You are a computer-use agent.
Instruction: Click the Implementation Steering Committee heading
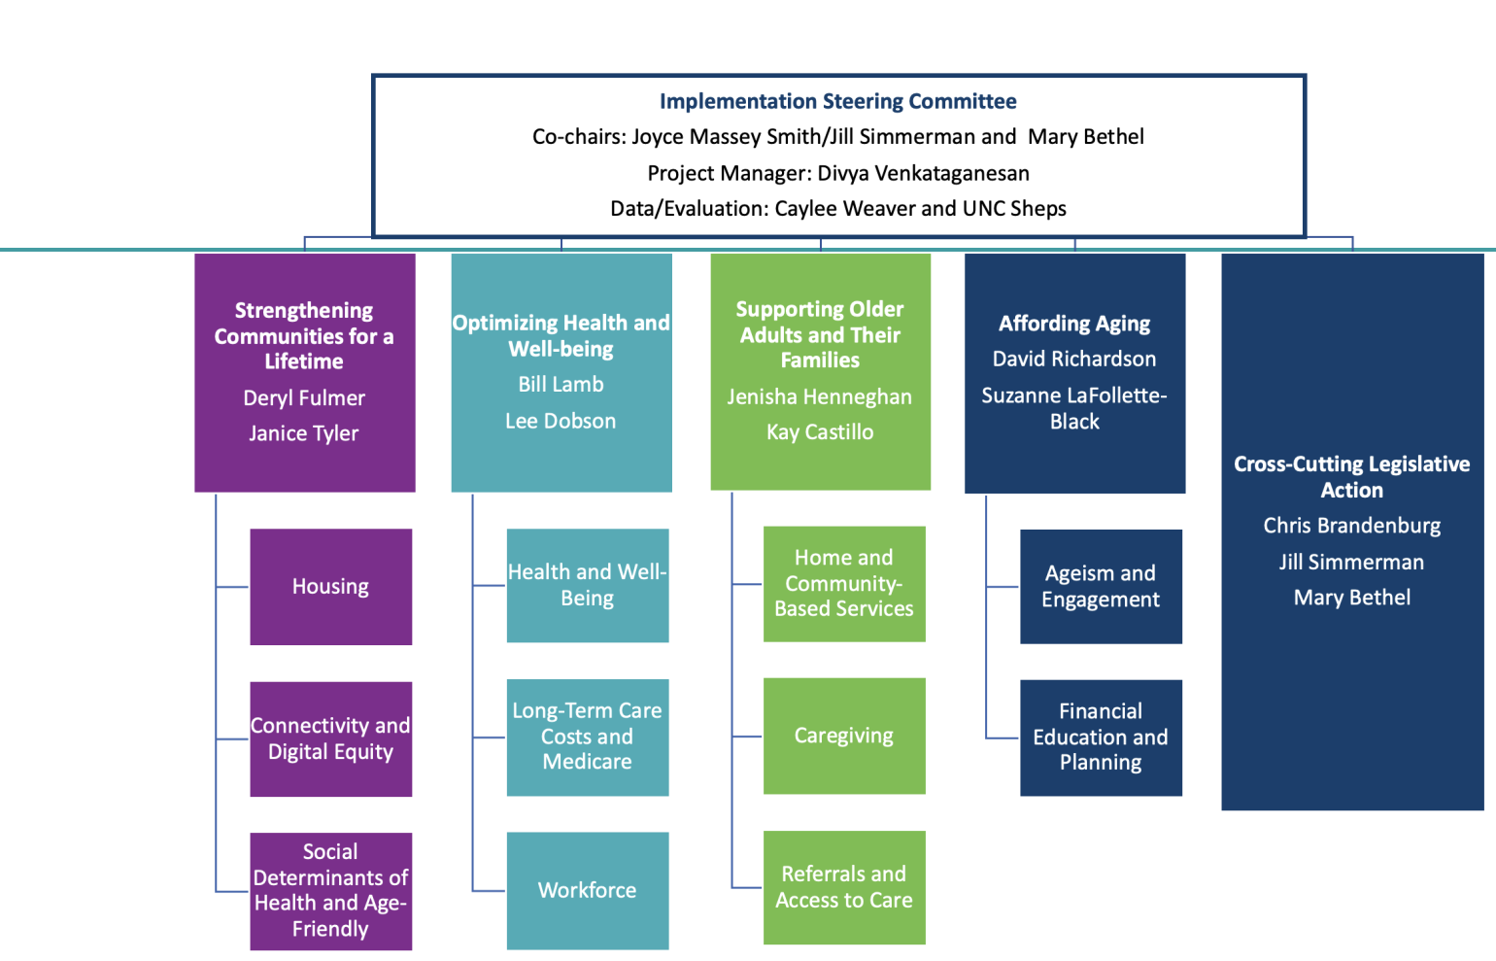pos(837,101)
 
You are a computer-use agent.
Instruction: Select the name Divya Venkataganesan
pos(923,173)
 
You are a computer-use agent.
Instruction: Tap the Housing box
pos(330,587)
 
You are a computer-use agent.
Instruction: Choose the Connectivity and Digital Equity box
pos(330,738)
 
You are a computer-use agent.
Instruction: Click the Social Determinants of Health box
pos(330,890)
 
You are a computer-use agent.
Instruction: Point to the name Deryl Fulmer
pos(304,398)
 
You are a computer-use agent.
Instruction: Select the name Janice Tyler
pos(304,433)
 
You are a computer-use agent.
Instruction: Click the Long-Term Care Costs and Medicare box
pos(587,737)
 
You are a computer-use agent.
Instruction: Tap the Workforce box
pos(587,890)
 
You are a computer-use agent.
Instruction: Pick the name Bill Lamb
pos(561,385)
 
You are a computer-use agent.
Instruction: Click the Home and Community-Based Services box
pos(843,583)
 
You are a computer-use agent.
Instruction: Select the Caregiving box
pos(843,736)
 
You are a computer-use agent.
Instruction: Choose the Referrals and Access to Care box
pos(843,887)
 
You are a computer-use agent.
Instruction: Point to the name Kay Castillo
pos(820,432)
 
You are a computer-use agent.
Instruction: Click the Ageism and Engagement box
pos(1101,586)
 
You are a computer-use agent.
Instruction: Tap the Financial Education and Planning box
pos(1101,737)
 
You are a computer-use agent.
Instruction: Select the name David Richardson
pos(1074,360)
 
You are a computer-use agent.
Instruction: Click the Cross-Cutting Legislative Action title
pos(1351,477)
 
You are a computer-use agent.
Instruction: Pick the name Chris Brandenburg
pos(1351,526)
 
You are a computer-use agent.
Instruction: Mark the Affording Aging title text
pos(1074,324)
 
